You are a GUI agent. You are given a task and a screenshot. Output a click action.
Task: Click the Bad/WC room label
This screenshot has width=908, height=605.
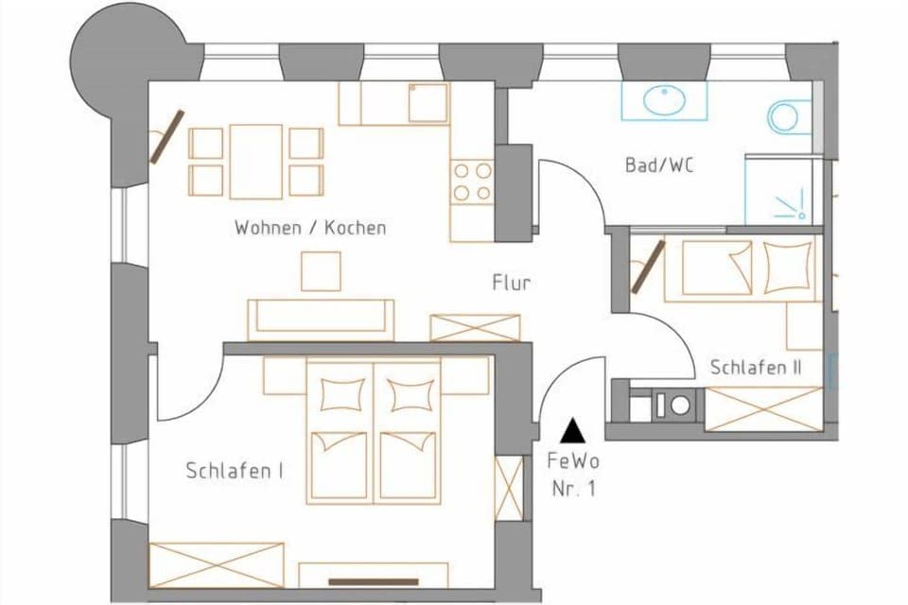658,165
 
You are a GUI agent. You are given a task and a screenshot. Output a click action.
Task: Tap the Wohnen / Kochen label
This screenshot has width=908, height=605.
310,228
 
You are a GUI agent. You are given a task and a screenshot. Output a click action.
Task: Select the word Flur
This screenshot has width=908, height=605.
511,283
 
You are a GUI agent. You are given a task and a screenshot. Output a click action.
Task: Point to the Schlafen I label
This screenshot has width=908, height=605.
236,471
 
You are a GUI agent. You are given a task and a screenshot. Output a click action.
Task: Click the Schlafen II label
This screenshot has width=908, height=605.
756,368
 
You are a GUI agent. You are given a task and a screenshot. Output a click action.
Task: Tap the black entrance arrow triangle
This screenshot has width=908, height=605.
572,431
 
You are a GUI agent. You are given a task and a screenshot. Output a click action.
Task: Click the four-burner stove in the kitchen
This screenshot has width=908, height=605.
472,181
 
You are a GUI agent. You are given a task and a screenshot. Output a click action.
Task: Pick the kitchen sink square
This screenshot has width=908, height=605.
428,102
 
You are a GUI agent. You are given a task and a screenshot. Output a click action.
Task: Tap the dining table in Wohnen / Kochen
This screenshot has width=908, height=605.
255,162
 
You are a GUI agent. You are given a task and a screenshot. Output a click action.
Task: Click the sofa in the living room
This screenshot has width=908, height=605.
321,319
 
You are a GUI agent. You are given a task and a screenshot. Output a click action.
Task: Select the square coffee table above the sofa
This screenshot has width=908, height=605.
321,271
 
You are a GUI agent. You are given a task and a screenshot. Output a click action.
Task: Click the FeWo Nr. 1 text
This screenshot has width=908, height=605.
573,475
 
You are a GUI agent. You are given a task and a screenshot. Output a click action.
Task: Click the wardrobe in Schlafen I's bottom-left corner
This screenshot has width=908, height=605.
217,564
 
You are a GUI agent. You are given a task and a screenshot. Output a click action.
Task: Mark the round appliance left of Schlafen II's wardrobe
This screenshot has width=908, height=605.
680,406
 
